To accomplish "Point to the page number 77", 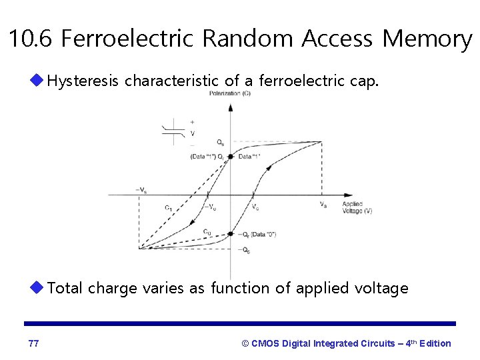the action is point(34,343).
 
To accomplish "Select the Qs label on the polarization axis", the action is point(220,143).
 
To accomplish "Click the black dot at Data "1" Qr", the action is point(230,157).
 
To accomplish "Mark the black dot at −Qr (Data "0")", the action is point(230,234).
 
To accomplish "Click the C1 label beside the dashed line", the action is point(169,207).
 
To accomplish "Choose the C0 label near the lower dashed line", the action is point(207,231).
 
